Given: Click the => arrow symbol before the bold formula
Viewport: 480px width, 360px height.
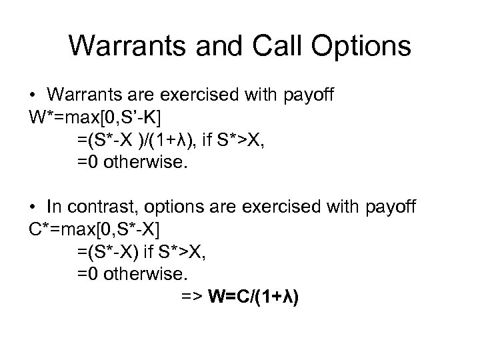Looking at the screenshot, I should click(193, 295).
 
